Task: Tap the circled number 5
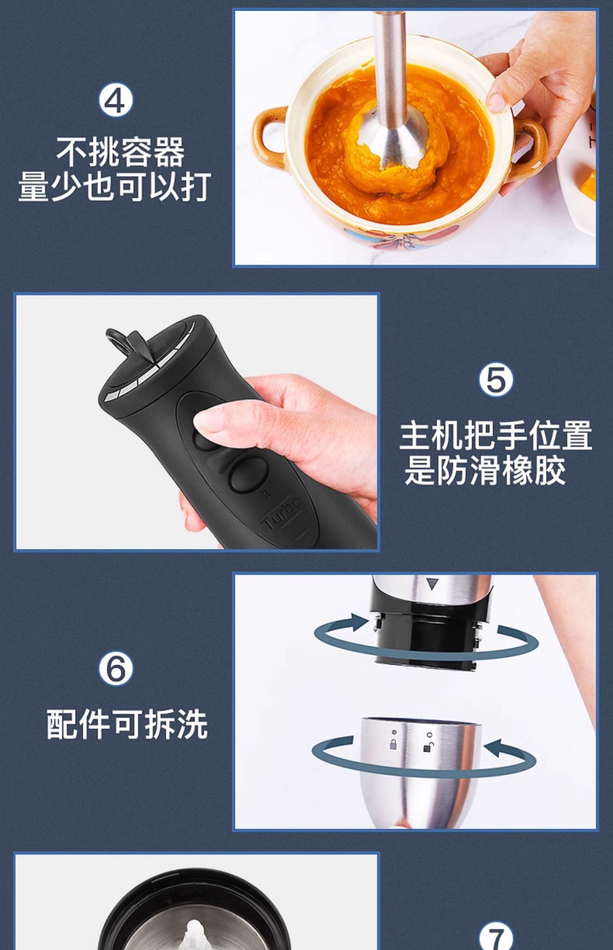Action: (496, 380)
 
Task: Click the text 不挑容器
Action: (120, 152)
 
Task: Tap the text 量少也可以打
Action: (115, 186)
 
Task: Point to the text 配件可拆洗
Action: (127, 724)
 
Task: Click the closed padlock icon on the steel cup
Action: (393, 744)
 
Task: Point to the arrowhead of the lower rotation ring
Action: (495, 746)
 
